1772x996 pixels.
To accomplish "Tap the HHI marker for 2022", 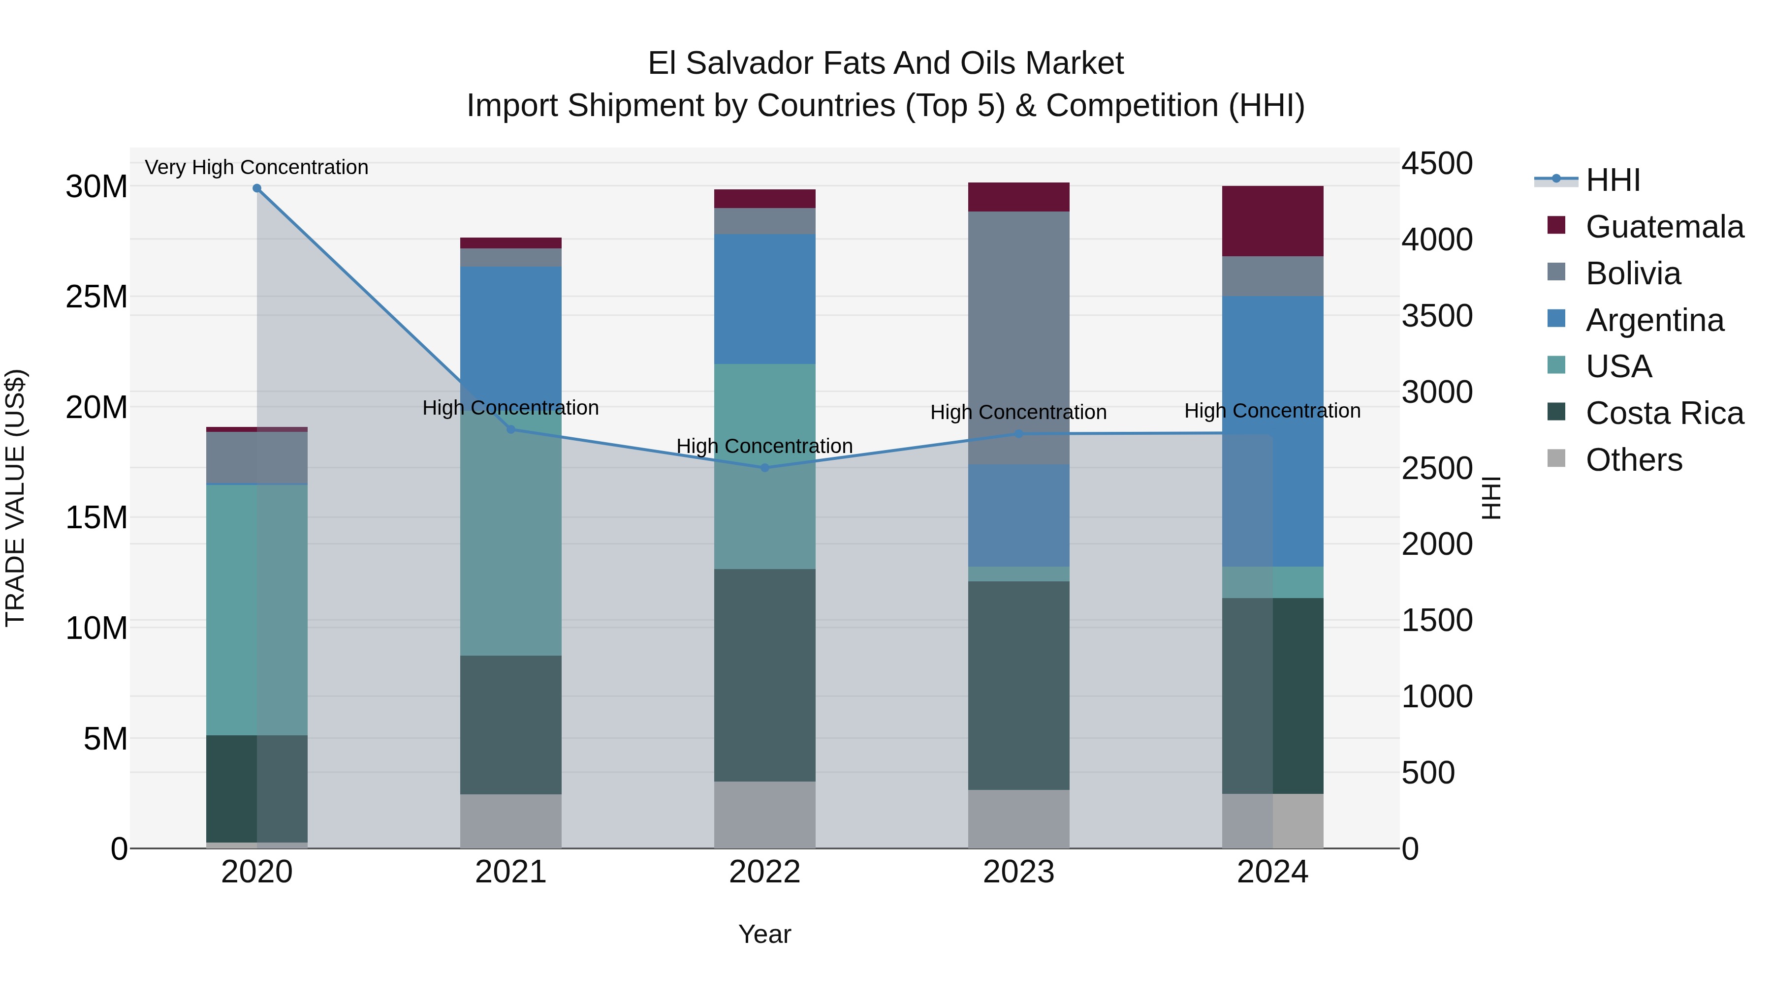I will click(764, 468).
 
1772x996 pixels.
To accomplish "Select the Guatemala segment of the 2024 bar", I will click(1272, 221).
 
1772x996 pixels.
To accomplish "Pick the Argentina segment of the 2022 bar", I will click(764, 299).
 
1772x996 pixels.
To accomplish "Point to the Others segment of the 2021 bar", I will click(510, 821).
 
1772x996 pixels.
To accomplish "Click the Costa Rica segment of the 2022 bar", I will click(764, 675).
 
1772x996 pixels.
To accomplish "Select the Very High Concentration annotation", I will click(256, 168).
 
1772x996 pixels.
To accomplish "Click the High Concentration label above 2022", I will click(764, 446).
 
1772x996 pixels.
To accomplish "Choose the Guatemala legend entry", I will click(1664, 227).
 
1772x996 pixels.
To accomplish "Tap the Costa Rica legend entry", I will click(1664, 413).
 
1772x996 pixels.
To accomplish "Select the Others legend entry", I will click(1634, 460).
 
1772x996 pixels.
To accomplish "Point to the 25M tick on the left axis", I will click(97, 297).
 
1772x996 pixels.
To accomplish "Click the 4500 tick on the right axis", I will click(1437, 164).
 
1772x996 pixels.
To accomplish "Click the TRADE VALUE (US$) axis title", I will click(15, 498).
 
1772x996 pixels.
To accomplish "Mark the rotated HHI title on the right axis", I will click(1490, 498).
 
